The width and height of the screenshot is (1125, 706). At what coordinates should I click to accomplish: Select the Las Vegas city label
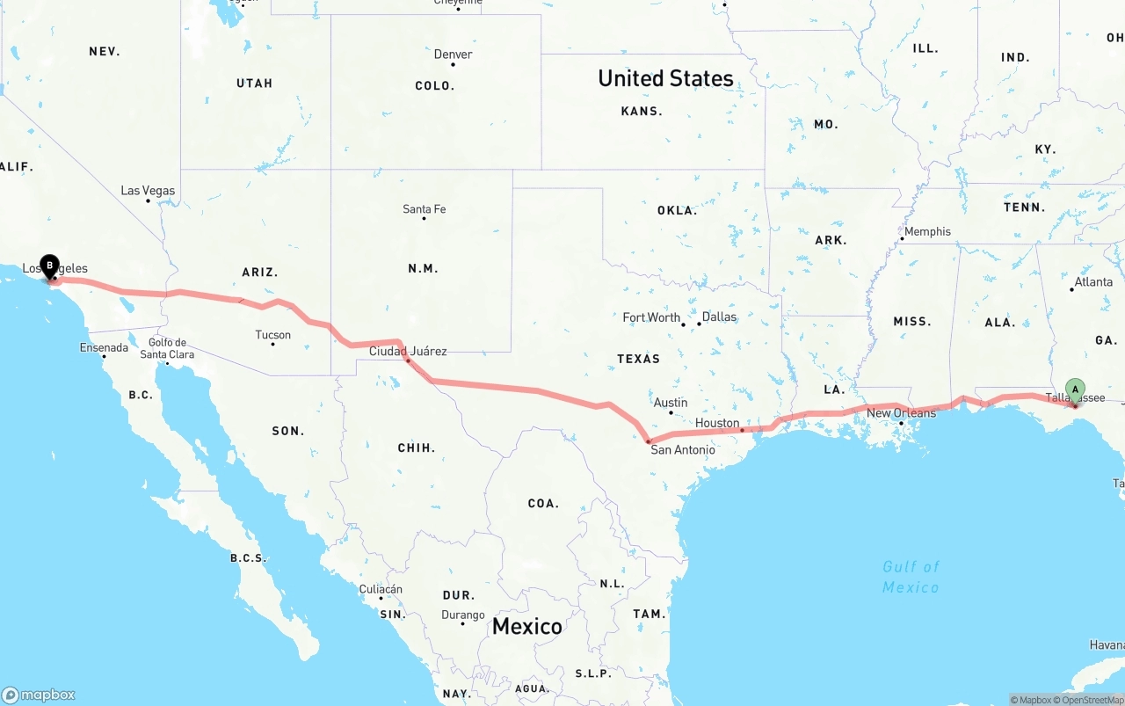click(148, 191)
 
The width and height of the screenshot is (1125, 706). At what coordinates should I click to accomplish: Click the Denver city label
click(453, 55)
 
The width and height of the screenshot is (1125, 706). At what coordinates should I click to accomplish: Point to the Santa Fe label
click(424, 209)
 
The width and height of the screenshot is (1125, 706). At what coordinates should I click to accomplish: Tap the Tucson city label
click(272, 335)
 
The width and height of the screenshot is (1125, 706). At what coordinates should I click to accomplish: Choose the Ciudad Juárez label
click(408, 352)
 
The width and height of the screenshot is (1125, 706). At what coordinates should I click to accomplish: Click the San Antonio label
click(682, 450)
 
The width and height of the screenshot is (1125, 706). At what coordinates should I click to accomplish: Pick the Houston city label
click(717, 423)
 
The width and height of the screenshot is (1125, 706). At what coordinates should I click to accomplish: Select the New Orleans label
click(901, 413)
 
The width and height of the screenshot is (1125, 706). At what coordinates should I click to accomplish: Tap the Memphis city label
click(927, 232)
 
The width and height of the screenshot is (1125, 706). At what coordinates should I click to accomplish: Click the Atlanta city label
click(1093, 282)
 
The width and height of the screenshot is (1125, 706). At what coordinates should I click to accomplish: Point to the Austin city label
click(671, 403)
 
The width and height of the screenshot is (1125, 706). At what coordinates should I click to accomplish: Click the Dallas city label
click(719, 317)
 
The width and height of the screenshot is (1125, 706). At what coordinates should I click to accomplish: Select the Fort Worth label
click(651, 317)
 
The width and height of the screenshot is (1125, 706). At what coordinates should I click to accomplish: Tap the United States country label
click(665, 78)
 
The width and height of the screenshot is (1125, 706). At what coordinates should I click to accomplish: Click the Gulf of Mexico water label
click(911, 577)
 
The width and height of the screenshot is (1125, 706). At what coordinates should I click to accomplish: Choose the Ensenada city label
click(104, 348)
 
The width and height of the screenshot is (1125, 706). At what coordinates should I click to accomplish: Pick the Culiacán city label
click(381, 589)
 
